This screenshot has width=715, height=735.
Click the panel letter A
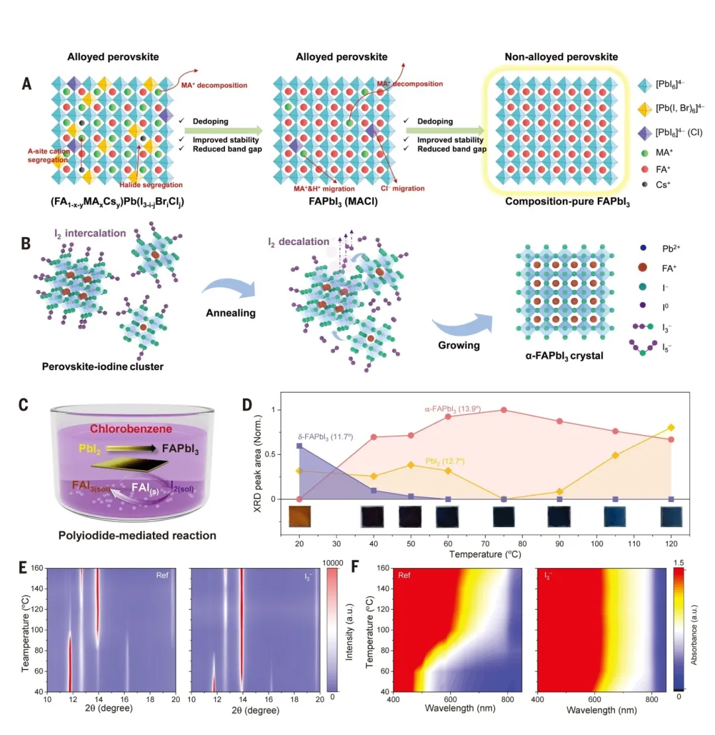pos(26,84)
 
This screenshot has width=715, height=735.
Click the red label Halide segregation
pos(152,184)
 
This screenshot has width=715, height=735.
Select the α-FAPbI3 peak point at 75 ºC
pos(504,410)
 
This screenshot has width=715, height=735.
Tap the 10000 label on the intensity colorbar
pos(343,562)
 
